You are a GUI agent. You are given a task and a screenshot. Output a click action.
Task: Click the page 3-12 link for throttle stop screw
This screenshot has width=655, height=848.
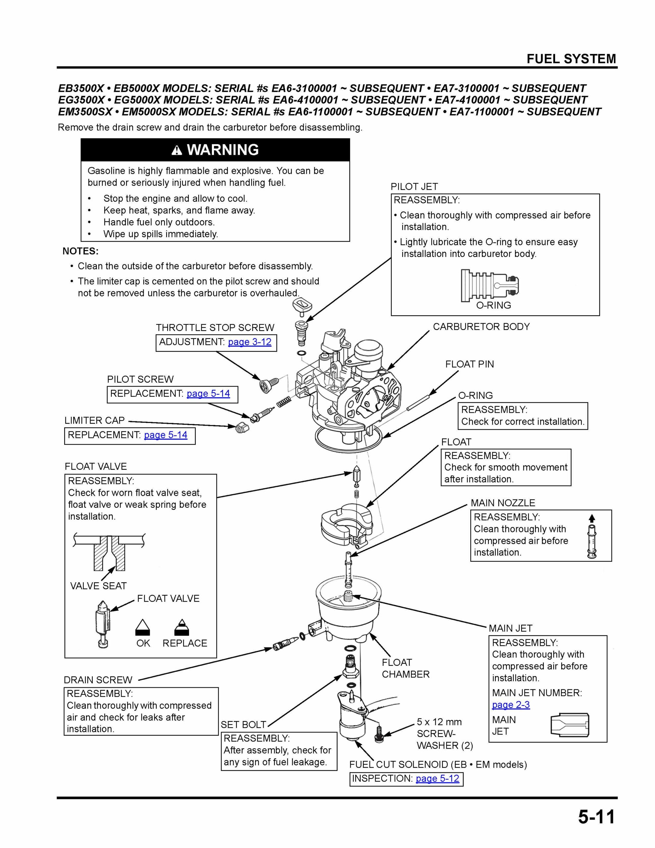249,342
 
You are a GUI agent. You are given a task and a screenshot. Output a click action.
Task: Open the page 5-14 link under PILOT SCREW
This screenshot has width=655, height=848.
208,394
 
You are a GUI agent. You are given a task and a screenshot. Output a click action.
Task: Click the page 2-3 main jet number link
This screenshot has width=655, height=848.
511,705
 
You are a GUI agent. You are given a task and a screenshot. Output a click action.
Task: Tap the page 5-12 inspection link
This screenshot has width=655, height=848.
437,778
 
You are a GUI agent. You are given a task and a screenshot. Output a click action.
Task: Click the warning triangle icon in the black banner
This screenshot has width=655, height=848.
176,151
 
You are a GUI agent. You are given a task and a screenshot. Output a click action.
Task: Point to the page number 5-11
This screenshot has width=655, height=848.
596,817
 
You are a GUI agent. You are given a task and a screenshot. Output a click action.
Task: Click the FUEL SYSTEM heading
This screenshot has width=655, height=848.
571,59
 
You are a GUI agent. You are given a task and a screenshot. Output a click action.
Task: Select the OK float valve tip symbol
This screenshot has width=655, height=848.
142,627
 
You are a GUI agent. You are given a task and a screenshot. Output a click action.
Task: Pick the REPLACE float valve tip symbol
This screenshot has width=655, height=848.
182,627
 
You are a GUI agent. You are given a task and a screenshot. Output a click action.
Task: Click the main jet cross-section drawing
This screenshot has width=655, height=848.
570,725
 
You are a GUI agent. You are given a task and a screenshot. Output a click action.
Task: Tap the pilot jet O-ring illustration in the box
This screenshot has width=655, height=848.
490,286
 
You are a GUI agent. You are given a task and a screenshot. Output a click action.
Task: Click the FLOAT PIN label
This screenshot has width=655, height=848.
470,364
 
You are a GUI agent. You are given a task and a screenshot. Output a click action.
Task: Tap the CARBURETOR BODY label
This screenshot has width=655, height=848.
481,327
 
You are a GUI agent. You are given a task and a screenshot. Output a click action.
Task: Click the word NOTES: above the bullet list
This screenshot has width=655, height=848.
80,251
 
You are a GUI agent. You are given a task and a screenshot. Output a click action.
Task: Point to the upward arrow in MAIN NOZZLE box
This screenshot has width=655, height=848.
592,518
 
